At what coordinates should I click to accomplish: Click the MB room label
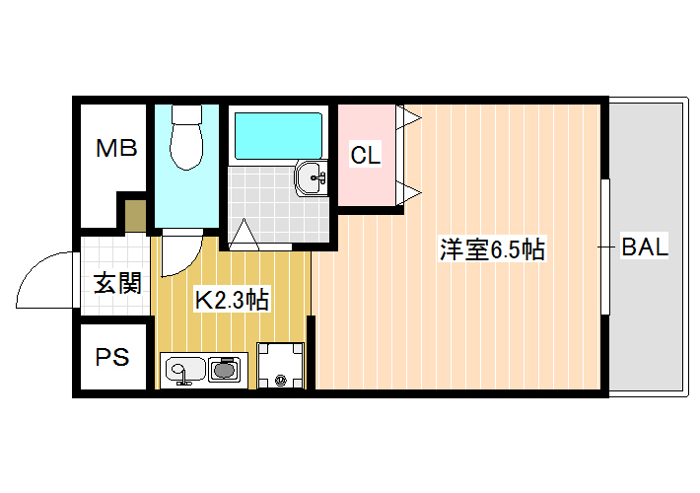[116, 148]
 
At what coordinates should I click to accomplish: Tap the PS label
[112, 357]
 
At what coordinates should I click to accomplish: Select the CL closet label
[366, 156]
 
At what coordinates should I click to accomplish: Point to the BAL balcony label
[645, 246]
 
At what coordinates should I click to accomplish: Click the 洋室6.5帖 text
[492, 249]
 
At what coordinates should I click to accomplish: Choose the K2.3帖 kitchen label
[232, 300]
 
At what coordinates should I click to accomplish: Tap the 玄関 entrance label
[117, 283]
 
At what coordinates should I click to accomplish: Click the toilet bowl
[186, 137]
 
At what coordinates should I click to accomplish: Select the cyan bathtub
[278, 136]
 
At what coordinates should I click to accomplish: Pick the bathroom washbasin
[311, 177]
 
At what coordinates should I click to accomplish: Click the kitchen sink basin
[184, 371]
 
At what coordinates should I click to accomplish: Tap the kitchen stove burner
[223, 370]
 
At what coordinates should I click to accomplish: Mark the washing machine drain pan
[280, 365]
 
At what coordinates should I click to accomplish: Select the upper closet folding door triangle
[407, 117]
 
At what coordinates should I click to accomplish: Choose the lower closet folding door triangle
[407, 193]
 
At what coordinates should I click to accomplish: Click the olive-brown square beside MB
[135, 216]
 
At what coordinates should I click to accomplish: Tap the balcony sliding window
[605, 246]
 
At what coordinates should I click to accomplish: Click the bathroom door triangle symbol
[244, 233]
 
